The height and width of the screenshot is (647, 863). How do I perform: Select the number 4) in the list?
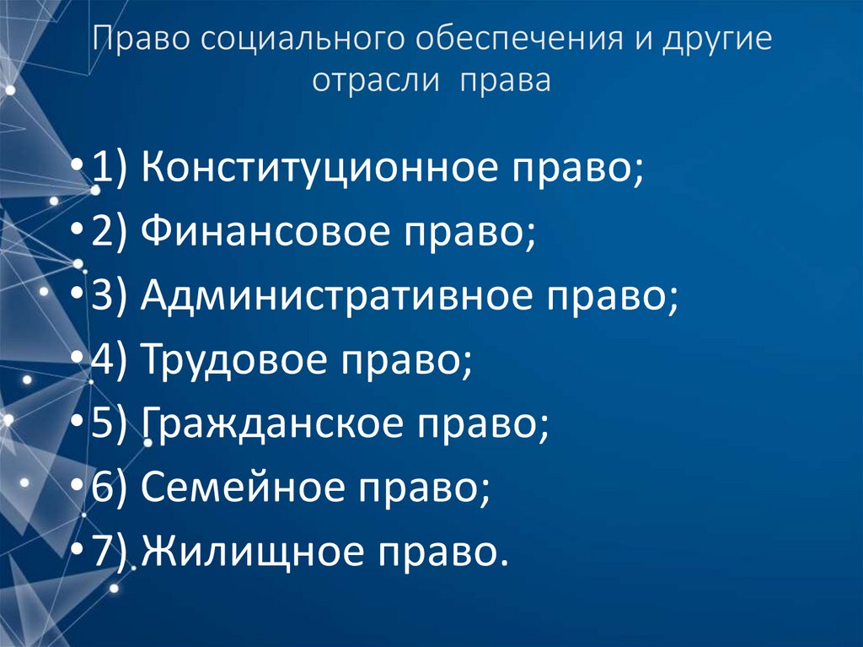tap(110, 360)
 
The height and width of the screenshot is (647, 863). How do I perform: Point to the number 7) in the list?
tap(110, 553)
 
